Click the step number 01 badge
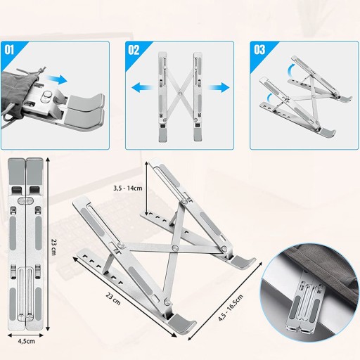[x=9, y=50]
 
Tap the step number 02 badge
[x=134, y=50]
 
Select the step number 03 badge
[x=259, y=50]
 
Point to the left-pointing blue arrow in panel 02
[x=141, y=88]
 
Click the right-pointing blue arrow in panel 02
[x=219, y=88]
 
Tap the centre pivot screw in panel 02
[x=180, y=94]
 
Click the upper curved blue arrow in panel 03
[x=291, y=69]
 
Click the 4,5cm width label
[x=27, y=341]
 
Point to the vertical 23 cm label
[x=53, y=247]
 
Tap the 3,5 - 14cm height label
[x=128, y=188]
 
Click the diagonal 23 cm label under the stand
[x=113, y=299]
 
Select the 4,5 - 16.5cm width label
[x=231, y=307]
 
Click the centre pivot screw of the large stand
[x=174, y=247]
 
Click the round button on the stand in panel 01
[x=46, y=96]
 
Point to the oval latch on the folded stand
[x=25, y=200]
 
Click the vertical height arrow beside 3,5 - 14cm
[x=147, y=188]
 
